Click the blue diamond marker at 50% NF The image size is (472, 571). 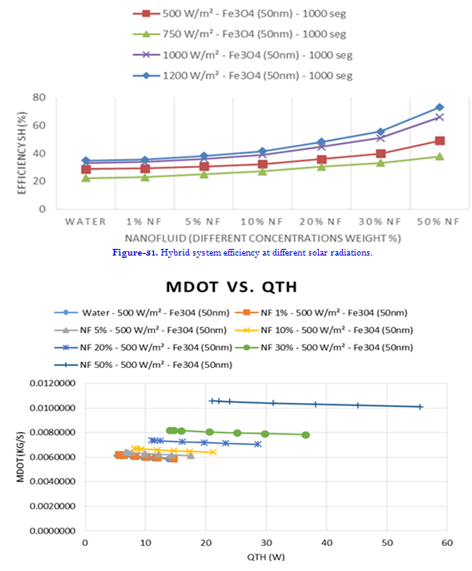(440, 107)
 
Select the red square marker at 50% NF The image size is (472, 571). (440, 141)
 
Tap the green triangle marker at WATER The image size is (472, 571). (86, 178)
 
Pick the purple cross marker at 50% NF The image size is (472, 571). (440, 117)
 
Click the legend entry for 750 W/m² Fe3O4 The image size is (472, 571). (239, 34)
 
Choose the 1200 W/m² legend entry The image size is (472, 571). (242, 76)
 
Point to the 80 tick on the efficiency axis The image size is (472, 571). (39, 97)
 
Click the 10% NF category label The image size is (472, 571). (261, 221)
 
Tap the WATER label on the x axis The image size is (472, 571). (86, 221)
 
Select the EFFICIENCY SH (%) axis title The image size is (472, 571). (22, 153)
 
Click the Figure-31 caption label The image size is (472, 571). (135, 252)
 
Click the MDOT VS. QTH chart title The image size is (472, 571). (231, 287)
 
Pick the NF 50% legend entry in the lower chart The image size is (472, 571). (143, 365)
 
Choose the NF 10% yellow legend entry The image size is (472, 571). (324, 330)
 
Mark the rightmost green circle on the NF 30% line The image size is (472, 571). (306, 434)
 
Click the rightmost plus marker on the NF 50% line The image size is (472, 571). (420, 407)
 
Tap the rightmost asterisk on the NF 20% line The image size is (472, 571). (258, 444)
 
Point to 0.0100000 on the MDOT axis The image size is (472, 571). (52, 408)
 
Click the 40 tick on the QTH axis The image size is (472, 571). (326, 543)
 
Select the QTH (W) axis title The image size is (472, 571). (266, 557)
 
